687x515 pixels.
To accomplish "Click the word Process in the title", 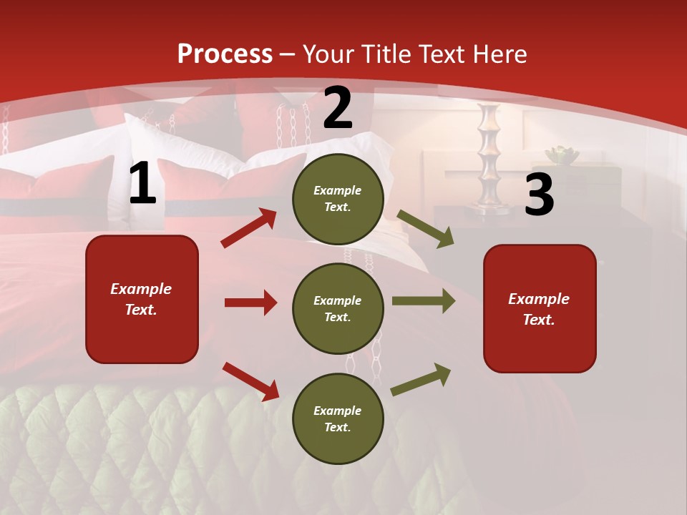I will tap(225, 54).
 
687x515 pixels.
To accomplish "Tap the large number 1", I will tap(142, 185).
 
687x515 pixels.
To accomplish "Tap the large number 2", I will tap(338, 109).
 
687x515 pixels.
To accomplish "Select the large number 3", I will tap(539, 196).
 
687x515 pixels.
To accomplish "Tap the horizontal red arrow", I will tap(250, 303).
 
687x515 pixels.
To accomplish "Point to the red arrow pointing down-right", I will tap(250, 381).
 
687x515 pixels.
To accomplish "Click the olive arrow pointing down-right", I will tap(426, 228).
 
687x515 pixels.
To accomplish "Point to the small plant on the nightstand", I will tap(562, 154).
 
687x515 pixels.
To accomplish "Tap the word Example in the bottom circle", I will tap(338, 411).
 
